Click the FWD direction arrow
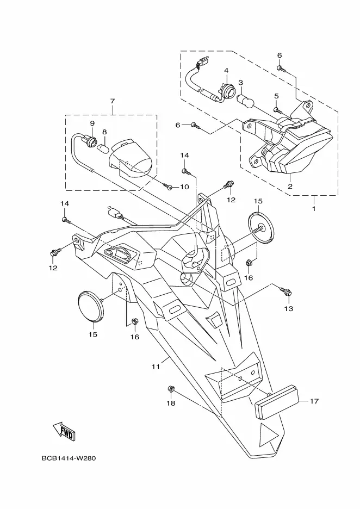pos(64,431)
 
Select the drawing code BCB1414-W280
pos(69,458)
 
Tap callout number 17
pos(314,401)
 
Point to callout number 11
pos(156,367)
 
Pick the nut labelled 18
pos(170,388)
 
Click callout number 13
pos(289,308)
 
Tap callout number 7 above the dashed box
pos(113,101)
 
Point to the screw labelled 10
pos(167,186)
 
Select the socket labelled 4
pos(226,90)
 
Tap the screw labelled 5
pos(277,110)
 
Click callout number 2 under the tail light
pos(290,187)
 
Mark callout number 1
pos(314,209)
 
